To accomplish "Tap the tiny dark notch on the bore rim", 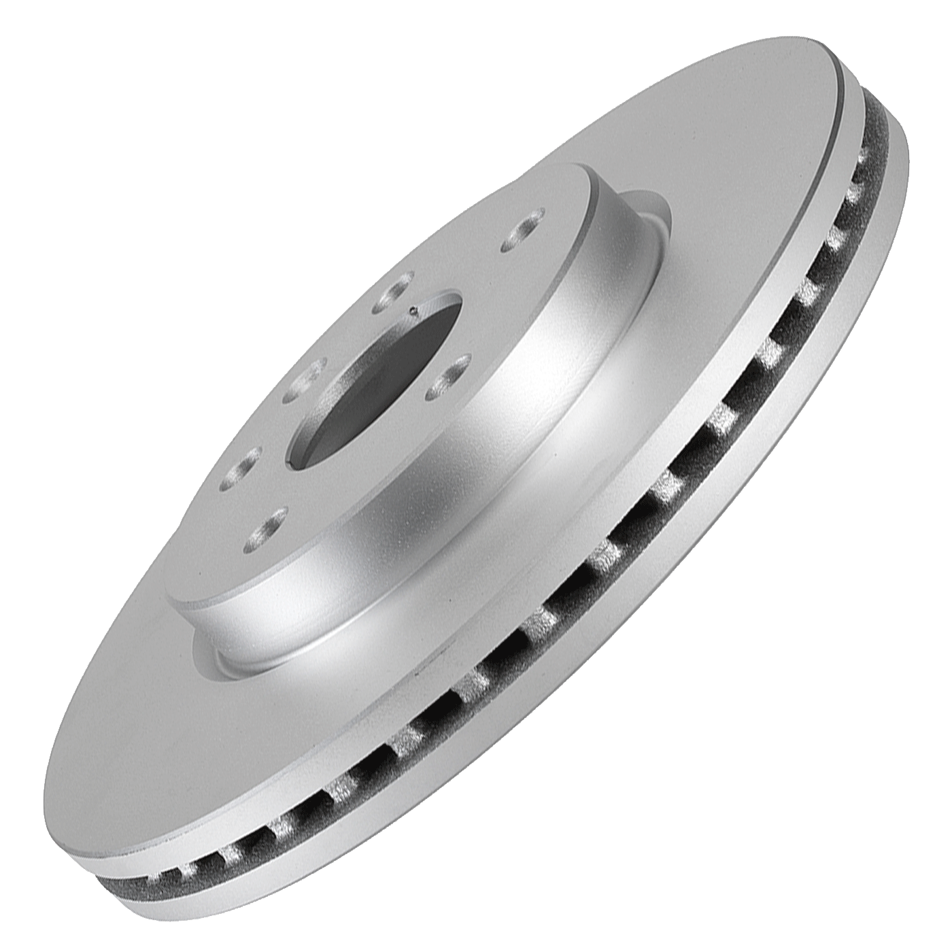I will click(414, 311).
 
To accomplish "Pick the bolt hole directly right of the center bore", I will click(447, 376).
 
